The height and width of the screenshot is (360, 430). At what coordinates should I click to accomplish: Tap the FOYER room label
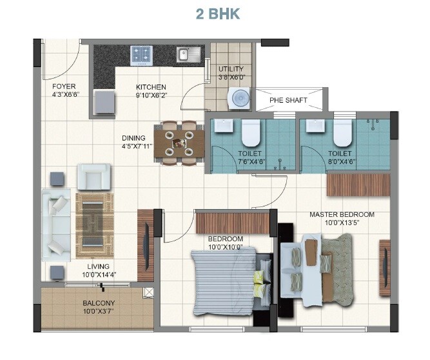point(64,86)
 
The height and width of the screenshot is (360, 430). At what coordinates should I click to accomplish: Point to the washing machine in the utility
point(238,98)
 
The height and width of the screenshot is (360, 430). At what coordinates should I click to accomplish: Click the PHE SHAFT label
point(288,100)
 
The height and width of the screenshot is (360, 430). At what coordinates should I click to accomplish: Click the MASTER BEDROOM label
point(342,215)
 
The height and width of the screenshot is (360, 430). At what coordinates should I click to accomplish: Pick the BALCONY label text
point(99,303)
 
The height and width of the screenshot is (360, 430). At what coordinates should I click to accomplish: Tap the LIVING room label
point(99,266)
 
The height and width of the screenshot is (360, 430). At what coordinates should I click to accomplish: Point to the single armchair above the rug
point(93,175)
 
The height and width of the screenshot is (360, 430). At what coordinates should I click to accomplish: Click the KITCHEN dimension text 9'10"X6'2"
point(151,95)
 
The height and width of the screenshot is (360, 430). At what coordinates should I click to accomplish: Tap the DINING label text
point(134,137)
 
